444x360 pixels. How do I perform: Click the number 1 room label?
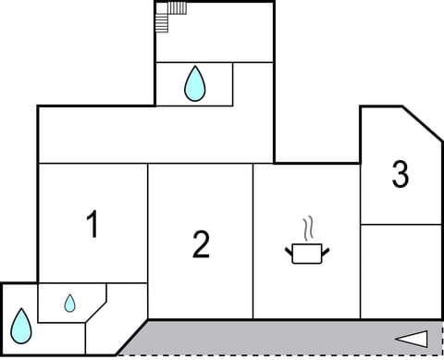[92, 224]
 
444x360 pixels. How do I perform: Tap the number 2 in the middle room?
[201, 244]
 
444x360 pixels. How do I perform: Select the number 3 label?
[400, 174]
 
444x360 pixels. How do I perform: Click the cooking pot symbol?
[305, 252]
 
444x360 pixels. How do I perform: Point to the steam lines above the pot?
[308, 228]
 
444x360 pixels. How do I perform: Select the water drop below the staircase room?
[194, 83]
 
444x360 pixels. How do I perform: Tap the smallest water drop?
[69, 303]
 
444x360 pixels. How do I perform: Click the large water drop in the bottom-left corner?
[20, 325]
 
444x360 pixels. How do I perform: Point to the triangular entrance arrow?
[412, 339]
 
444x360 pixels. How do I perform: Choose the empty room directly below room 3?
[400, 270]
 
